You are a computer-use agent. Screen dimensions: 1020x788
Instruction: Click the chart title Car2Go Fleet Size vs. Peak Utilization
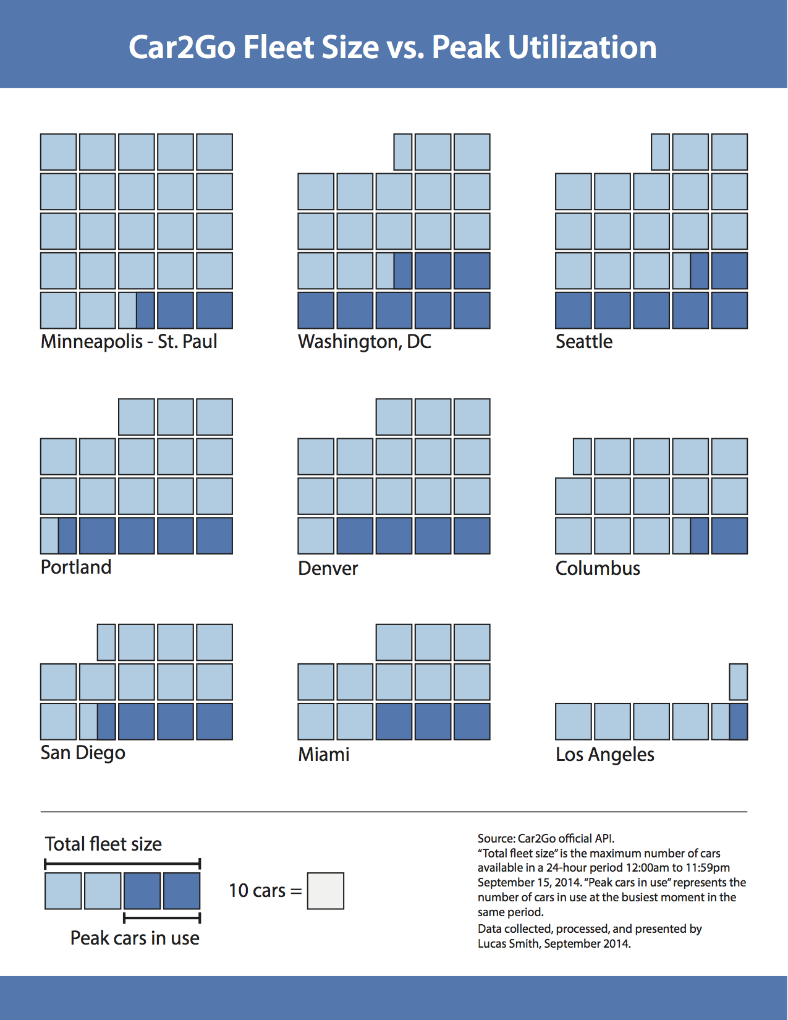tap(392, 47)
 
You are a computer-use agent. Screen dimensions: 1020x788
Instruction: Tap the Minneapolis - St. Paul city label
tap(129, 342)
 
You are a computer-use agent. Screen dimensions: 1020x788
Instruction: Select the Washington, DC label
tap(365, 342)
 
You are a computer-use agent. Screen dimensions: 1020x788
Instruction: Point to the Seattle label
tap(584, 342)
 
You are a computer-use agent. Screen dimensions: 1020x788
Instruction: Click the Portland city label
tap(76, 567)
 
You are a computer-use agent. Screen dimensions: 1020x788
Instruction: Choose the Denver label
tap(328, 569)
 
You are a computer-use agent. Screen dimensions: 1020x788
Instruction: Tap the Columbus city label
tap(598, 569)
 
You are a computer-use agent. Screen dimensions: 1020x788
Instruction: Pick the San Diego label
tap(83, 753)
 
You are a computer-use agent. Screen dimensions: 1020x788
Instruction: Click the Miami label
tap(324, 755)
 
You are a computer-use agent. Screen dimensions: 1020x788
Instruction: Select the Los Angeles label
tap(604, 755)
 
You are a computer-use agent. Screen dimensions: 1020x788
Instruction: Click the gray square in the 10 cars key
tap(326, 891)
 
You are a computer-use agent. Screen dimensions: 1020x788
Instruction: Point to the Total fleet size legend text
tap(103, 844)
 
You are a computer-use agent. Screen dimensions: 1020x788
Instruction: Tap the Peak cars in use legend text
tap(135, 938)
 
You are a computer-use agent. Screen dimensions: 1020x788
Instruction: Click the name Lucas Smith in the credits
tap(507, 944)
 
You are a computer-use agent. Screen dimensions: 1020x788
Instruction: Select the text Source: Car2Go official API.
tap(546, 839)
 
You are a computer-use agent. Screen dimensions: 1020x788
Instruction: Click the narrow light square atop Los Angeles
tap(739, 682)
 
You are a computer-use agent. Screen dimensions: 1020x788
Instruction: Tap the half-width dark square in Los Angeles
tap(739, 721)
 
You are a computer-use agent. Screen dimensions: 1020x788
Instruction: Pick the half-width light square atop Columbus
tap(583, 456)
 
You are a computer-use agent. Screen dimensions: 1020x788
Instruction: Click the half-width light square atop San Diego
tap(106, 642)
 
